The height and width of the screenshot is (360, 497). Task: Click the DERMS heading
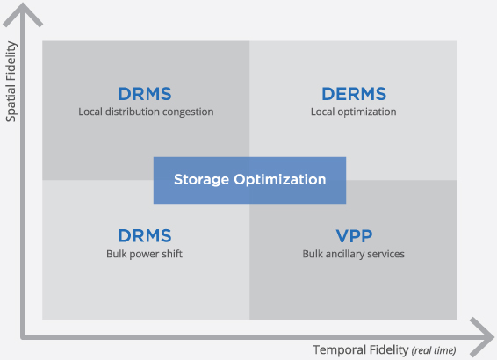point(354,94)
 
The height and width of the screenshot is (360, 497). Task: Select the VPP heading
point(354,236)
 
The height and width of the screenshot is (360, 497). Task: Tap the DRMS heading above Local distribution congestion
point(145,94)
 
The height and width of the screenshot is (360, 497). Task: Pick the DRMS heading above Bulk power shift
point(145,236)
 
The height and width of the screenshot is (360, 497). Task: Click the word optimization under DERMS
point(367,112)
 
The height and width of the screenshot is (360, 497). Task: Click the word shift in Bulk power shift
point(172,254)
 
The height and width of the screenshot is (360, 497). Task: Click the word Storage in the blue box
point(202,180)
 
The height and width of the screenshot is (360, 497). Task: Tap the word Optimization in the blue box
point(280,180)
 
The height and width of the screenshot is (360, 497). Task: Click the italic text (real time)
point(434,350)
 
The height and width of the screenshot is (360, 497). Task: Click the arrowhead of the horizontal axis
point(482,337)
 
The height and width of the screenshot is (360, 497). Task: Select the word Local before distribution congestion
point(90,112)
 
